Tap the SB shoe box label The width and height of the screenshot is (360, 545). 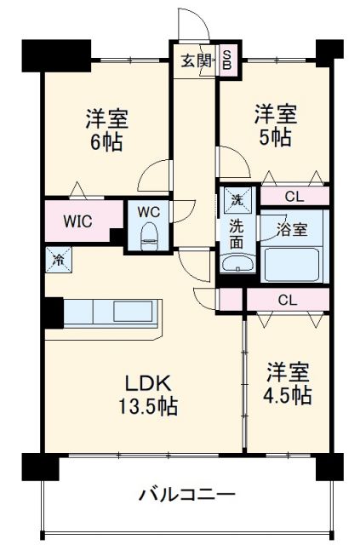pos(227,60)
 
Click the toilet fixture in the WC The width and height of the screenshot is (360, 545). pos(148,233)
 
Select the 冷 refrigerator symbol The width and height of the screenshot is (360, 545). pos(59,256)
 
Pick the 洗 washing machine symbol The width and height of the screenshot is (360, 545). pos(236,203)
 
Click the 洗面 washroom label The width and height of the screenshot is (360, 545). pos(236,234)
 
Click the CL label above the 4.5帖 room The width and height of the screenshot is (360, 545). pos(287,300)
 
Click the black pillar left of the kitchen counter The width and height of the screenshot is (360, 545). pos(52,313)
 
